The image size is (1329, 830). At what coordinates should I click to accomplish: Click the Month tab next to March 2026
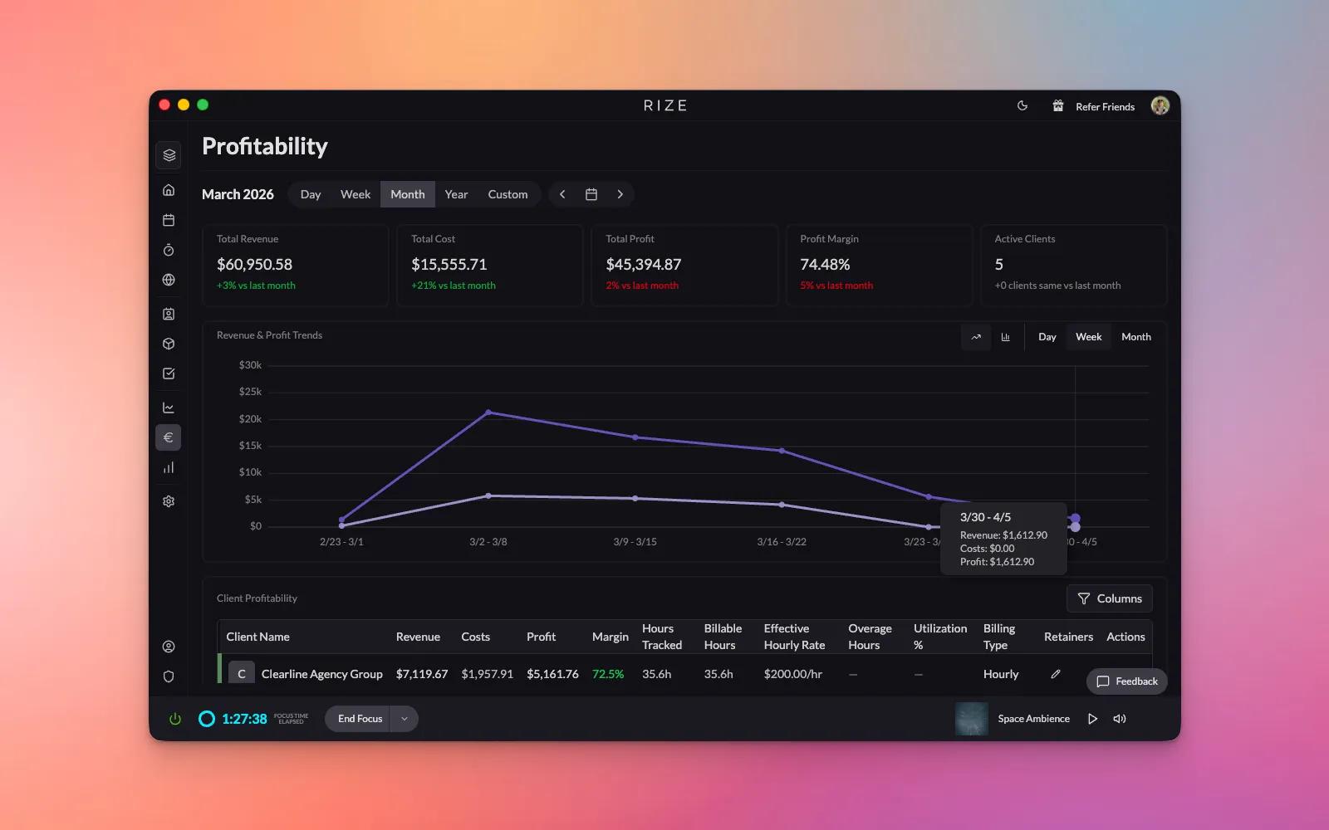407,194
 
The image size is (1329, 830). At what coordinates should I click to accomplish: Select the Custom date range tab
508,194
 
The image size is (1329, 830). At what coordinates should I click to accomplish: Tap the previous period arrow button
562,194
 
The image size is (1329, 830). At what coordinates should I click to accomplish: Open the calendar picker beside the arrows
591,194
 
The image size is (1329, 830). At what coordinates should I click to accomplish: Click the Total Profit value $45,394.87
643,265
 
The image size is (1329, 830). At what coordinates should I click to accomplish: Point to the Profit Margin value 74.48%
825,265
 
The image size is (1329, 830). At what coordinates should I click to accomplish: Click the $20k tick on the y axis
250,419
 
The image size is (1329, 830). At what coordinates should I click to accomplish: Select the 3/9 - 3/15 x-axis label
635,542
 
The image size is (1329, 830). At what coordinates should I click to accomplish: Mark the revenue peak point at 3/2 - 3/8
488,412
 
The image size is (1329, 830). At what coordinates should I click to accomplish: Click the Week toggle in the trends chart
1088,337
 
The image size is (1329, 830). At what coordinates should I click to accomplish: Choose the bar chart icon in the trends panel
1006,337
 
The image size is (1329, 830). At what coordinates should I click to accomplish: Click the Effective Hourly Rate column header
794,637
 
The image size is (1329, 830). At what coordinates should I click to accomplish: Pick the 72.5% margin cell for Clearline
607,674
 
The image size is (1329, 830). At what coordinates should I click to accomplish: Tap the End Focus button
360,719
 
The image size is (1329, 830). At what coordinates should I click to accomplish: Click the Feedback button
1127,681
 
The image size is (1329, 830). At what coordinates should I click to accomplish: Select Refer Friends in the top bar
1105,106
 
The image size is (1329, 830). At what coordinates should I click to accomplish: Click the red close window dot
164,105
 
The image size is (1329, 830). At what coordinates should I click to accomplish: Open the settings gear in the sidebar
169,501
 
